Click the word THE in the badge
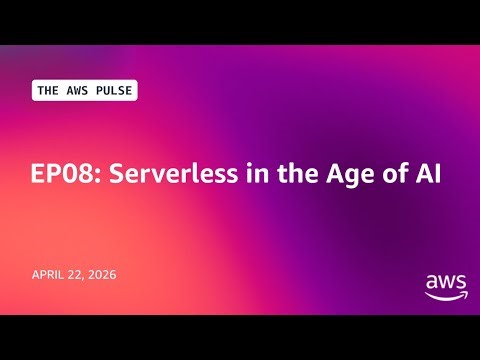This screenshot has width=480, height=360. point(48,90)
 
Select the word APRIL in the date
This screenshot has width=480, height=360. point(49,272)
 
